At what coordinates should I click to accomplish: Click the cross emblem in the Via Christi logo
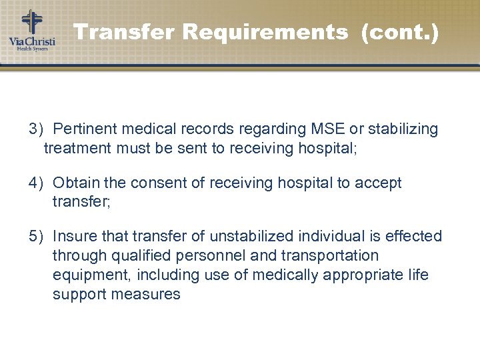coord(31,22)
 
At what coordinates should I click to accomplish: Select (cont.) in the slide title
coord(399,31)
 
